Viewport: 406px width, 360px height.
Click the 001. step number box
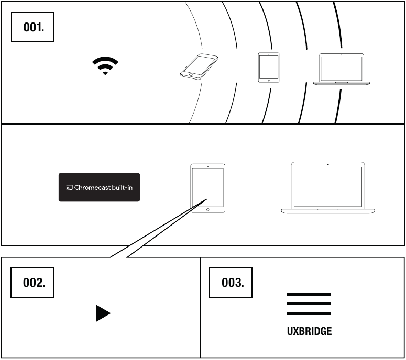[32, 28]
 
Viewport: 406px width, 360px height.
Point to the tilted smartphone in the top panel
[199, 66]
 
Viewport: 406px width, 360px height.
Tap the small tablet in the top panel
[268, 67]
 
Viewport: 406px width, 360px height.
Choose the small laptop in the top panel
[342, 69]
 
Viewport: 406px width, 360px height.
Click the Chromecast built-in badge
[99, 187]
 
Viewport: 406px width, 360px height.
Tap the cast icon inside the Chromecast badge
[69, 187]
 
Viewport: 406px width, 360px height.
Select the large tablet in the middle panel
[207, 188]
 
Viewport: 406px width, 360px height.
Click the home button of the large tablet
[208, 209]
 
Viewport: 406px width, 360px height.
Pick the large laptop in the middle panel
[328, 188]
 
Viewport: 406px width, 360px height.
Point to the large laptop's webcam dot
[328, 165]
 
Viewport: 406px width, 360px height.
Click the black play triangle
[103, 313]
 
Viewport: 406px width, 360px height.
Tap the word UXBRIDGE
[309, 331]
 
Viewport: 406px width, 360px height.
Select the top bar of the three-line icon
[309, 295]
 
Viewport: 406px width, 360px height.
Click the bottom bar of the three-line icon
[309, 313]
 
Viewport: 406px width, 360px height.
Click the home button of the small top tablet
[268, 80]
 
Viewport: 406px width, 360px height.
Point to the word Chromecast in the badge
[92, 187]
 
